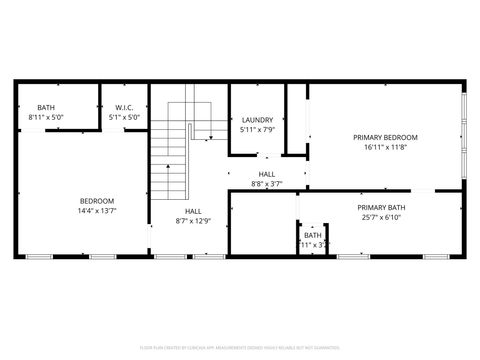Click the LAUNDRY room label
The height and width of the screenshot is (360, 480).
258,120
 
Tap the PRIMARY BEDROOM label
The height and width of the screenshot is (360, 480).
385,137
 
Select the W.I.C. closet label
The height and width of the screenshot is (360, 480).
124,108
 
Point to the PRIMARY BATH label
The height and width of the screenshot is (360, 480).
382,207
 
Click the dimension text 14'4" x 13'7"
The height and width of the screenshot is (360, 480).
97,211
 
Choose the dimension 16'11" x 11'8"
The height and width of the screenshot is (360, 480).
385,147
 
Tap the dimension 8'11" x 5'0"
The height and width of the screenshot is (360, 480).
46,118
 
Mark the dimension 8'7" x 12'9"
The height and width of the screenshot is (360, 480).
193,221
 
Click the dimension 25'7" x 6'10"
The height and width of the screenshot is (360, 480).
382,217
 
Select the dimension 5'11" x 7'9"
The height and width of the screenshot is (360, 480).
258,130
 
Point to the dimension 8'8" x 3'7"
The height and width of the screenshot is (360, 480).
267,183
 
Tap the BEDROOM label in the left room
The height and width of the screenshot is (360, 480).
97,201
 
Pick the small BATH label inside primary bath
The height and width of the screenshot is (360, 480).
313,235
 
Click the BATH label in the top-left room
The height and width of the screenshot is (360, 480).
46,108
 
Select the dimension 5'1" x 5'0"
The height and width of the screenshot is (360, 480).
124,118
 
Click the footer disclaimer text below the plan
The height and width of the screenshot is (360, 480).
240,348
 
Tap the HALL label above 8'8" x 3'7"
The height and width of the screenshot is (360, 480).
267,174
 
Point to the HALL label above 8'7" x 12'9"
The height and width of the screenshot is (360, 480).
193,211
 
